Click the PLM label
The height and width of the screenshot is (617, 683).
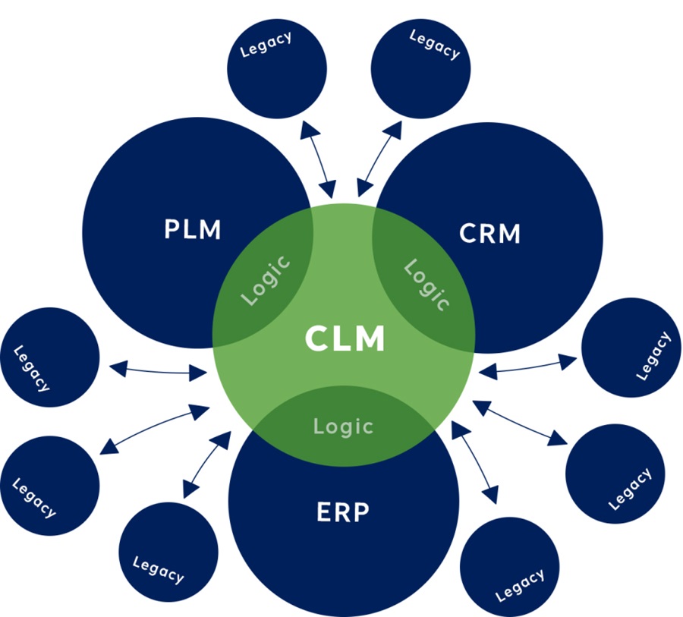[x=193, y=229]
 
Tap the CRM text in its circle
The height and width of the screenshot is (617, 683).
[x=490, y=234]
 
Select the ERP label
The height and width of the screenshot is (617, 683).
[x=342, y=512]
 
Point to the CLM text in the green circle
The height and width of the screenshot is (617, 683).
[x=345, y=338]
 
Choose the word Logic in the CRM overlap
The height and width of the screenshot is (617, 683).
[x=426, y=285]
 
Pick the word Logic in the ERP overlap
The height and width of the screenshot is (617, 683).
[x=344, y=426]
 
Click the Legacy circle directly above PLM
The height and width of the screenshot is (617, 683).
[x=277, y=69]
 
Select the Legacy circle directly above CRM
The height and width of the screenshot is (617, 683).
[x=421, y=69]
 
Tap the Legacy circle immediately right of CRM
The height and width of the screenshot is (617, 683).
[x=631, y=348]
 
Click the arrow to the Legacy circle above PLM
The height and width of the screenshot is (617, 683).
[x=318, y=160]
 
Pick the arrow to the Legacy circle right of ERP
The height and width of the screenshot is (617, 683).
[x=475, y=462]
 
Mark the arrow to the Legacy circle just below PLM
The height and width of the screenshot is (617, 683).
[x=159, y=370]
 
